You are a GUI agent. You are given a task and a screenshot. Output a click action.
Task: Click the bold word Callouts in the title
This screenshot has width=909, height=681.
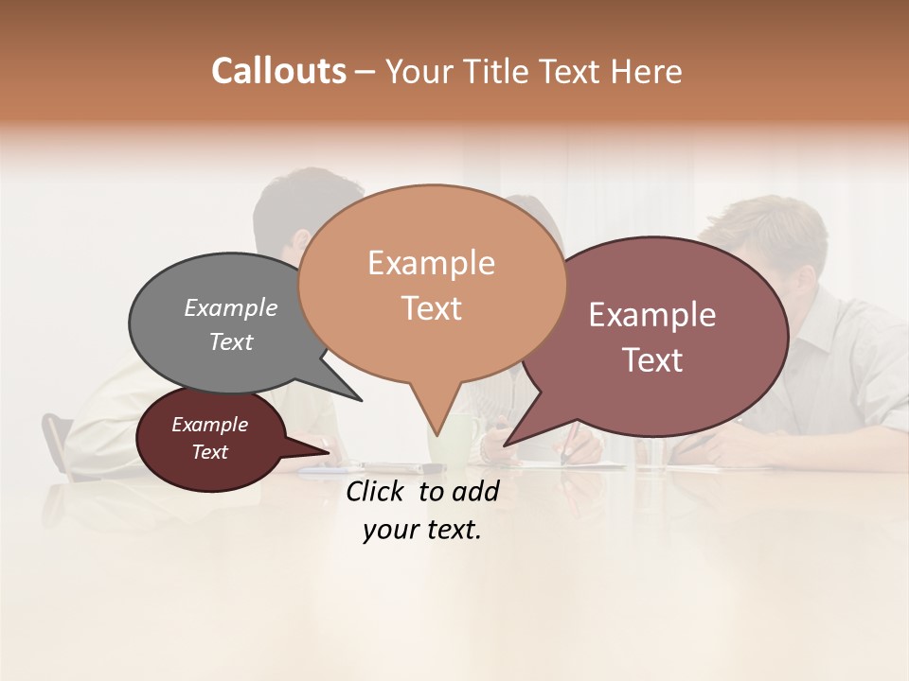click(x=278, y=71)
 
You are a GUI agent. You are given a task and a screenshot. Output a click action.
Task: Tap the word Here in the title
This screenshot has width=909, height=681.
click(x=648, y=72)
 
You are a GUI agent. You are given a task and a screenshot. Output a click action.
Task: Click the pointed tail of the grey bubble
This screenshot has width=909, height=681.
click(x=360, y=399)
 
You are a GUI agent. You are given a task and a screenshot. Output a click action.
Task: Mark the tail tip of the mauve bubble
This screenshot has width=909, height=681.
click(x=506, y=444)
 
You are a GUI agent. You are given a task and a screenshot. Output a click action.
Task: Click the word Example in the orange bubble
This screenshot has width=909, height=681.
click(x=431, y=263)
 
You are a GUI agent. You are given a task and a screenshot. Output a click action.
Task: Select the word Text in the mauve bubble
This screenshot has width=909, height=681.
click(x=652, y=360)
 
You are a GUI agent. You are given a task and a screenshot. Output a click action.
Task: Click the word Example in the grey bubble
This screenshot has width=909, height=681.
click(x=231, y=307)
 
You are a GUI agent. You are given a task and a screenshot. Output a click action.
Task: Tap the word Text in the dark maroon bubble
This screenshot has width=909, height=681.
click(x=210, y=452)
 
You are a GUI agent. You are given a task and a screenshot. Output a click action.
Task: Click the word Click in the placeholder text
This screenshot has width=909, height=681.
click(x=376, y=491)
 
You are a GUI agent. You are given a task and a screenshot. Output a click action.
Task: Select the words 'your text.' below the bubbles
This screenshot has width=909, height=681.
click(x=422, y=531)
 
